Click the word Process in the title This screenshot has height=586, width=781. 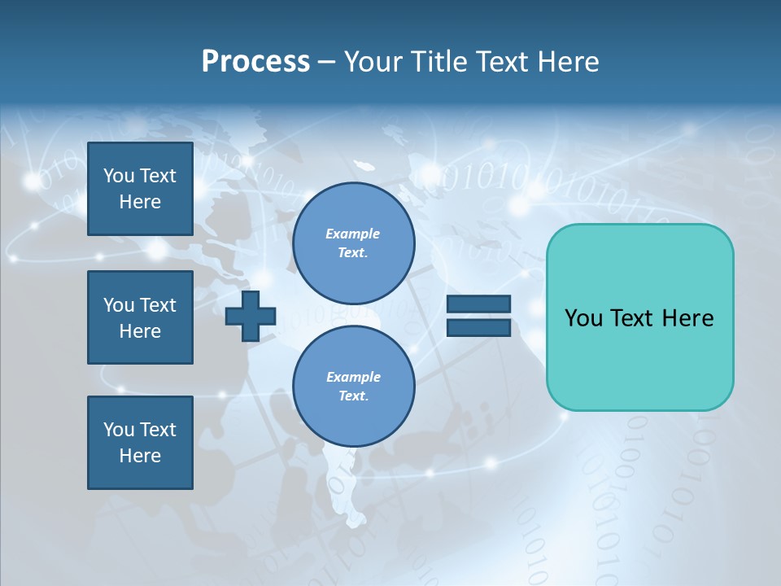[255, 62]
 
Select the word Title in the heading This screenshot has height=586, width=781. [440, 62]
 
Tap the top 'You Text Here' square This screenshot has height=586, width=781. [140, 189]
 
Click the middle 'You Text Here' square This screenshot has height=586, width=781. [140, 317]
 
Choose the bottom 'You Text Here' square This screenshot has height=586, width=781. [140, 443]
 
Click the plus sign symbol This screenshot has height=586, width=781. [251, 316]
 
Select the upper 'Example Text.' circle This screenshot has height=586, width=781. [354, 243]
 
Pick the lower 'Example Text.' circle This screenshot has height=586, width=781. [354, 387]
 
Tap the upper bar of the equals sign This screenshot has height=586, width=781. [478, 304]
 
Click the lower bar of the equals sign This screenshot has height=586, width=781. [478, 327]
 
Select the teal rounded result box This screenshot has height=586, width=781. [639, 317]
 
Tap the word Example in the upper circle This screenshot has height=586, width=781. [353, 234]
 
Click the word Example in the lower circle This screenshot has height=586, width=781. [353, 377]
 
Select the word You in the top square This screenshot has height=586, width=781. [119, 176]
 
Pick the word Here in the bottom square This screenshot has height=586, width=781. [140, 456]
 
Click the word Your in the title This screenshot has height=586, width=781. [373, 62]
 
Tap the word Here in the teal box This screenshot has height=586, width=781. [687, 318]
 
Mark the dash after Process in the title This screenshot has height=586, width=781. [327, 62]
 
